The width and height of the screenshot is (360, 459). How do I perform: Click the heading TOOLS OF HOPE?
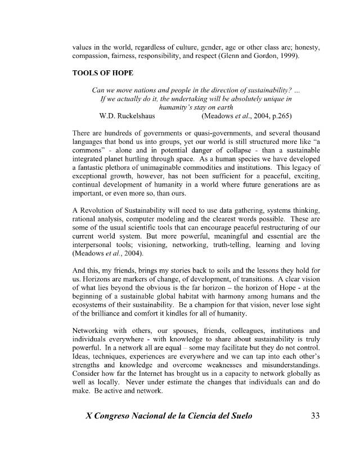pyautogui.click(x=103, y=74)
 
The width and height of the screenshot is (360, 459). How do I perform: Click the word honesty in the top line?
pyautogui.click(x=305, y=48)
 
